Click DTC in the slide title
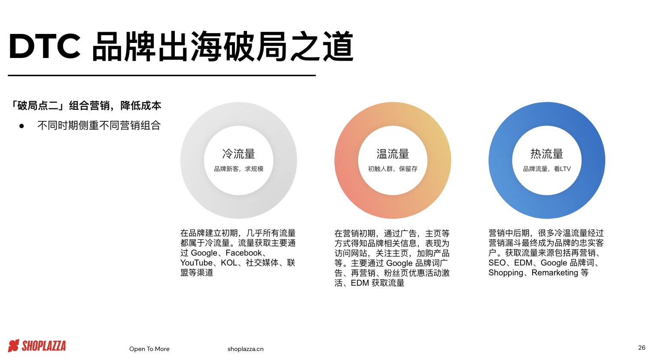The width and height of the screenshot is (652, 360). pos(45,46)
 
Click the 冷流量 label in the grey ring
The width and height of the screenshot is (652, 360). pos(238,154)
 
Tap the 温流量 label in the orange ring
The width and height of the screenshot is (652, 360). pos(393,154)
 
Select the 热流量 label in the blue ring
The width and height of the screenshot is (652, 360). pos(546,154)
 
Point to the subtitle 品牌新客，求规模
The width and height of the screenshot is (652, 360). pos(238,169)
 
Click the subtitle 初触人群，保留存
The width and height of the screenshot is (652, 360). pos(393,169)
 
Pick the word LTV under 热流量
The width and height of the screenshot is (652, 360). pos(565,169)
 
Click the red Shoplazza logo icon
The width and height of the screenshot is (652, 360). pos(14,346)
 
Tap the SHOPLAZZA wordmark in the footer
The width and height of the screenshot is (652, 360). pos(44,346)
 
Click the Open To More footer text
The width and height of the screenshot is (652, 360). pos(149,349)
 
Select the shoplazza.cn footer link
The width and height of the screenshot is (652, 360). pos(245,349)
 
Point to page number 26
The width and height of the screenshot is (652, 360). pos(642,348)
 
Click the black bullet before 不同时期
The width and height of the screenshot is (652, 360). pos(21,126)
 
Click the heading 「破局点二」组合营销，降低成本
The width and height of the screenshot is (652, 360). pos(86,106)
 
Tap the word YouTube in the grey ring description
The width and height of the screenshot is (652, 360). pos(196,263)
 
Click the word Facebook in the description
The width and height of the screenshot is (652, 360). pos(244,253)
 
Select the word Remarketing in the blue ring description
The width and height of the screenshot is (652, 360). pos(555,273)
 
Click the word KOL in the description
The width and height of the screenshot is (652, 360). pos(229,263)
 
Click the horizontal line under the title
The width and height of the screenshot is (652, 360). pos(161,76)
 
